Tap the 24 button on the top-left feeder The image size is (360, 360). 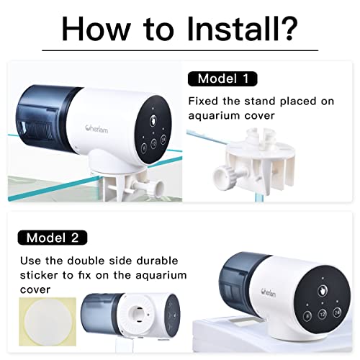pyautogui.click(x=163, y=142)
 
